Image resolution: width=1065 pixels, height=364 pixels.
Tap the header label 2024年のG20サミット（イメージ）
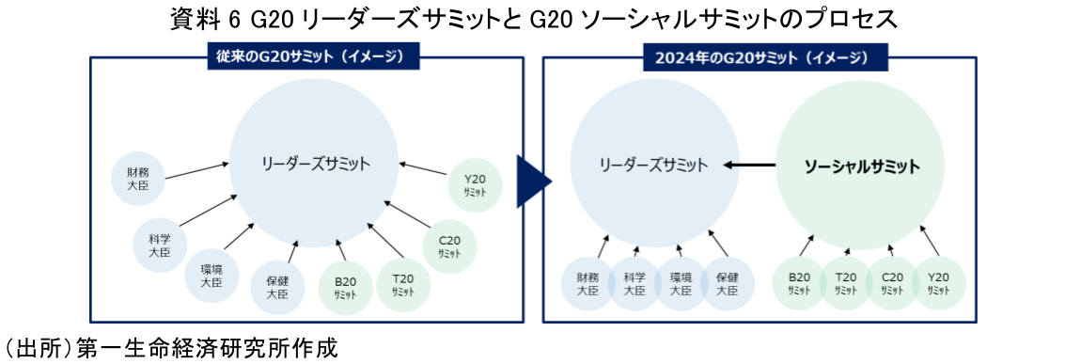[x=762, y=56]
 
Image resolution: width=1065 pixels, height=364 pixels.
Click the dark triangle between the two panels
[x=533, y=180]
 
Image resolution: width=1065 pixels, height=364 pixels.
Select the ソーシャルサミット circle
[x=861, y=166]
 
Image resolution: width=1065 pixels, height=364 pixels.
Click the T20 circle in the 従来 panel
[x=402, y=282]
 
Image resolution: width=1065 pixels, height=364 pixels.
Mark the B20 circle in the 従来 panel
[x=345, y=287]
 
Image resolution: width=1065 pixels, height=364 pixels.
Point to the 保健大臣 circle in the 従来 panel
[x=276, y=287]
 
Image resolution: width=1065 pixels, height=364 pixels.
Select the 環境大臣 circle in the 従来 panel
[x=211, y=274]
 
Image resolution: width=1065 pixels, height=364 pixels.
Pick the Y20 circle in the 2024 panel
[x=939, y=283]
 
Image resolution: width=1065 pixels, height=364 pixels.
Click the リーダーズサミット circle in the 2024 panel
[x=654, y=166]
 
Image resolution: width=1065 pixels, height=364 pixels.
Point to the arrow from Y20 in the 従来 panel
[x=422, y=169]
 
